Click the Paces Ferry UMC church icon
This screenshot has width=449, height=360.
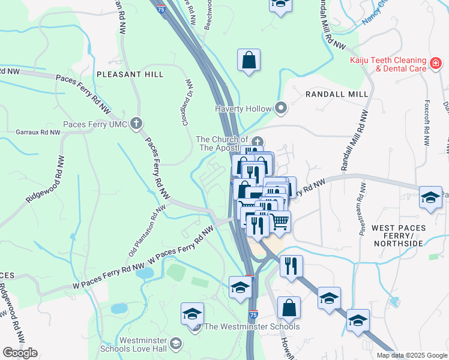coord(136,124)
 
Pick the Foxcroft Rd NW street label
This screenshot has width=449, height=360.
coord(426,122)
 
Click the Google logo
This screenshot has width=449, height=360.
coord(20,353)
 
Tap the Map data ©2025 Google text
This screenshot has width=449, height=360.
coord(411,355)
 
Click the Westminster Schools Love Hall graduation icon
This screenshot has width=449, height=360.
coord(176,343)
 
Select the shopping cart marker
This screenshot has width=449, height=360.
coord(279,222)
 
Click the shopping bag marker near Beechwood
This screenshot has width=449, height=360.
coord(249,60)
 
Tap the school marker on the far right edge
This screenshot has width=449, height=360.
coord(430,198)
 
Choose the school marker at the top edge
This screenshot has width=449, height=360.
coord(279,5)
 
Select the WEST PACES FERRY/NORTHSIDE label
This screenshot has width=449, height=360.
coord(397,235)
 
